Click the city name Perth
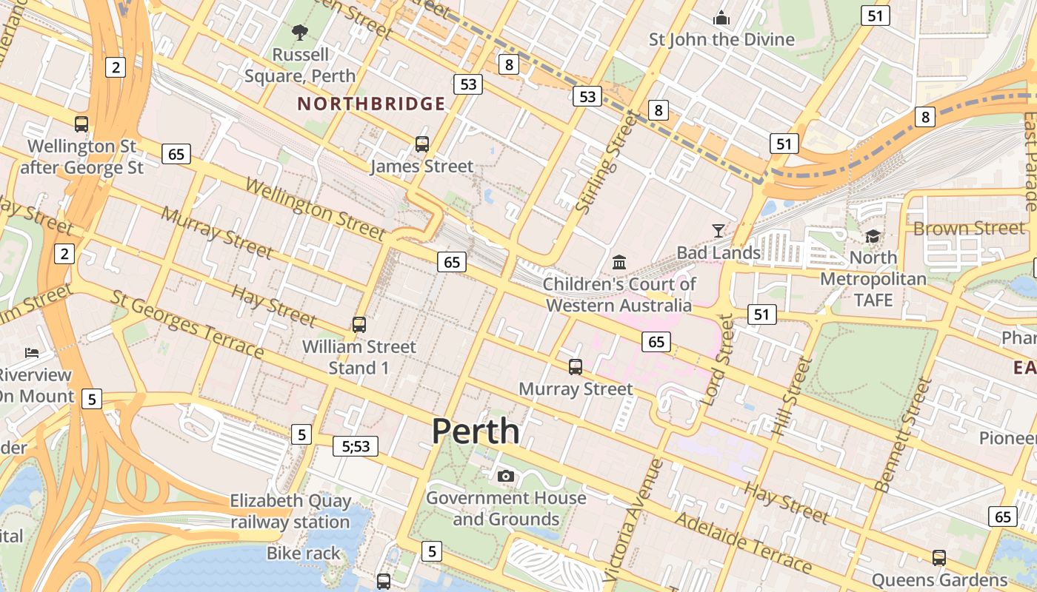click(476, 431)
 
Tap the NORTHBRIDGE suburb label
click(372, 104)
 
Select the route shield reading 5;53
click(356, 446)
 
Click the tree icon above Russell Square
click(300, 32)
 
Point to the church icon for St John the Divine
click(721, 18)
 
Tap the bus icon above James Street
click(422, 144)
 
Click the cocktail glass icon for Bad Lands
click(718, 231)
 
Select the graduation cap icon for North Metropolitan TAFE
click(873, 236)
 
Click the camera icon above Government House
click(506, 476)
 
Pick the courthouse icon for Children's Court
click(618, 262)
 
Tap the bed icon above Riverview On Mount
click(31, 352)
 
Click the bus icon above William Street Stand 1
click(359, 324)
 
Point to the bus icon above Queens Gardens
click(939, 558)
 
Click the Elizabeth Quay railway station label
click(290, 511)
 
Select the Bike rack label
click(304, 553)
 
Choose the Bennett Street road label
click(903, 435)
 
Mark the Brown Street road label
click(968, 228)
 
